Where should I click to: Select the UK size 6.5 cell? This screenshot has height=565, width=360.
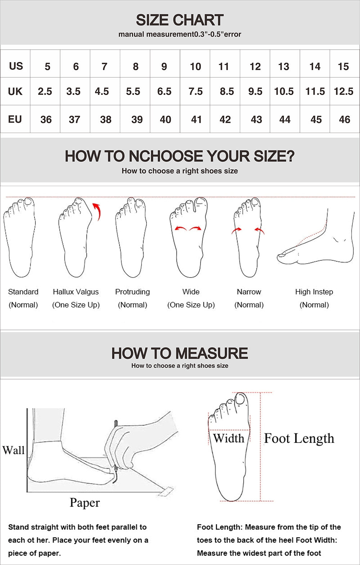pos(165,91)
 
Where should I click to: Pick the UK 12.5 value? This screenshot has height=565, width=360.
pos(343,91)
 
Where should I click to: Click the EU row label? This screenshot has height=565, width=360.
pos(15,119)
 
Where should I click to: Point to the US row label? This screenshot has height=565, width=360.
pos(16,66)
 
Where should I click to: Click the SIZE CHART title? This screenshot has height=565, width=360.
pos(180,20)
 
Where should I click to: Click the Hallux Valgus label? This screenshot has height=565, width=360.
pos(76,292)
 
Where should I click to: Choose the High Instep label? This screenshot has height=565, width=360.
pos(314,292)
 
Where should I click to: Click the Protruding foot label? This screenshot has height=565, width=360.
pos(132,292)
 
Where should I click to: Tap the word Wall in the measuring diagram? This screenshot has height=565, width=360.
pos(13,450)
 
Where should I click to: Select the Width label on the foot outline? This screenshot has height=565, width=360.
pos(229,438)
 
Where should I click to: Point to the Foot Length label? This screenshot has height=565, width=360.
pos(299,438)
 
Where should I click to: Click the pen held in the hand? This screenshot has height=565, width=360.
pos(116,452)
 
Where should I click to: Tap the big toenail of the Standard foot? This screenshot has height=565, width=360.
pos(28,202)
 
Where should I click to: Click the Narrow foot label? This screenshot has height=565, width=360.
pos(249,292)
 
